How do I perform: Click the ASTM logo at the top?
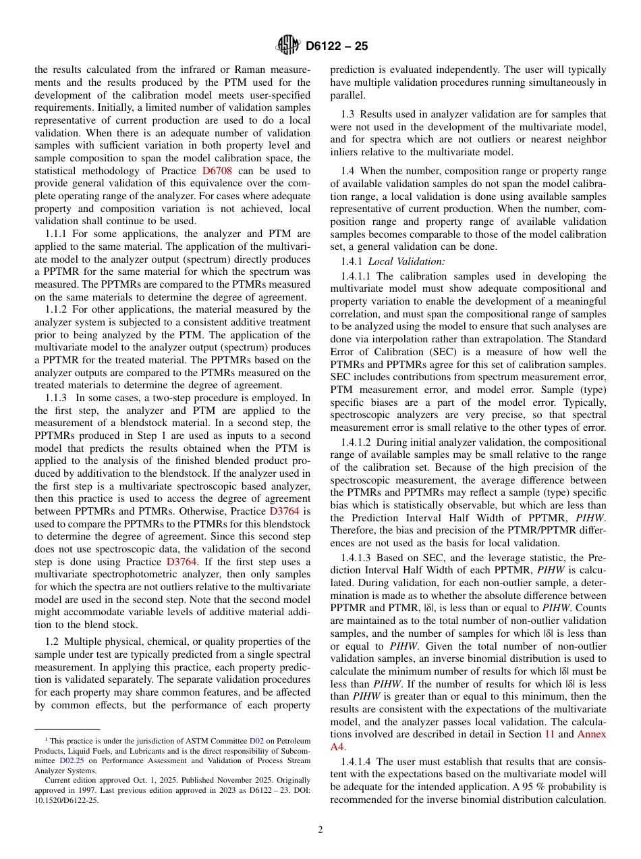[288, 46]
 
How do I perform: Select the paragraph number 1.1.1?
[56, 233]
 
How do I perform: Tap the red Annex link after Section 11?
[592, 734]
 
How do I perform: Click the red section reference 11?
[549, 734]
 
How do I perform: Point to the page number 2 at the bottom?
[320, 830]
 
